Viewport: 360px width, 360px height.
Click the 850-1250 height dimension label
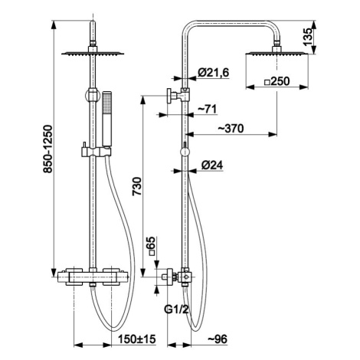[x=47, y=149]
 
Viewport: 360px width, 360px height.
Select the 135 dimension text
[x=309, y=37]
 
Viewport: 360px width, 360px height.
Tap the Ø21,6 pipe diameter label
[x=214, y=73]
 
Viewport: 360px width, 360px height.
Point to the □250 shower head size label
[x=277, y=82]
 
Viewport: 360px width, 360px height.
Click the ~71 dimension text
[x=208, y=110]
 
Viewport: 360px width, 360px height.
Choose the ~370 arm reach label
[x=231, y=129]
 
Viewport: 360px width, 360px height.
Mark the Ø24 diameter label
[x=212, y=165]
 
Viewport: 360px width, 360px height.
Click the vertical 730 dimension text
[x=136, y=186]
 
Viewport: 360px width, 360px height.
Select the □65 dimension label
[x=151, y=247]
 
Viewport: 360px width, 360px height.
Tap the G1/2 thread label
[x=177, y=309]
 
